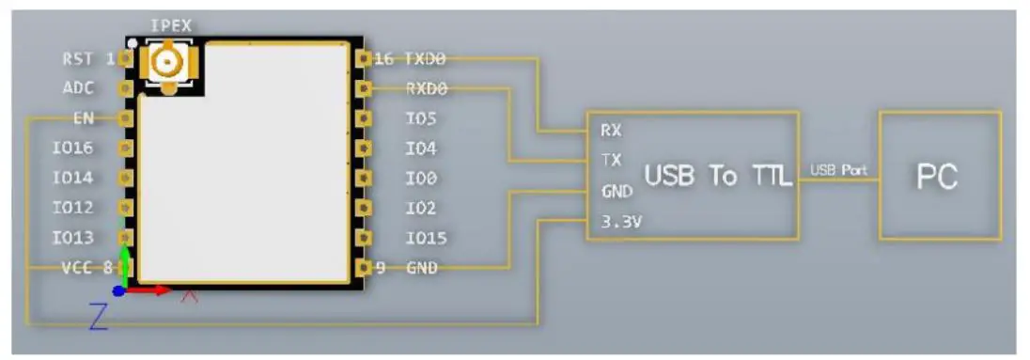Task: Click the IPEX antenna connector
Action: point(167,65)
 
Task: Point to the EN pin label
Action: point(82,118)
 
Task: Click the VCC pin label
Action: point(77,268)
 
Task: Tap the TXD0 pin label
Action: point(425,58)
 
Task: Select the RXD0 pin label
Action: point(425,88)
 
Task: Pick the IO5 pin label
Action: point(420,118)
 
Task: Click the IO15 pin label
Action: point(425,238)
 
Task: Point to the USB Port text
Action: point(837,170)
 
